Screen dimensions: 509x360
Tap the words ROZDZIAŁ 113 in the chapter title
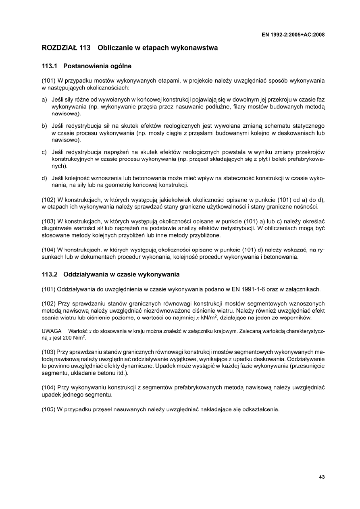[x=66, y=48]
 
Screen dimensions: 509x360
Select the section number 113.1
[x=50, y=65]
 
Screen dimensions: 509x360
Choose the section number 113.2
[x=50, y=275]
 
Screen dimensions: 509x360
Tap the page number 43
[x=321, y=477]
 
